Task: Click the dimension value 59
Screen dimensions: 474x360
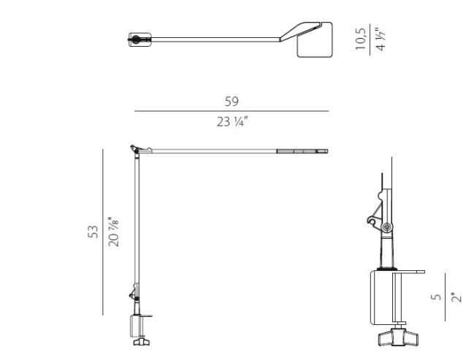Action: point(232,102)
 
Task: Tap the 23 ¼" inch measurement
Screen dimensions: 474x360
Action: point(232,121)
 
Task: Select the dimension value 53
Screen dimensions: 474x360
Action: point(93,231)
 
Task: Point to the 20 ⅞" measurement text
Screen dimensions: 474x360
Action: point(113,231)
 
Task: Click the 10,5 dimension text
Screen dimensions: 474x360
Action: point(360,39)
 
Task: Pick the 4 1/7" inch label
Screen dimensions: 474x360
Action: point(380,39)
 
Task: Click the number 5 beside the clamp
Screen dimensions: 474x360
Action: point(435,297)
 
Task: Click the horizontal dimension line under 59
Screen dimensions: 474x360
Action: point(232,111)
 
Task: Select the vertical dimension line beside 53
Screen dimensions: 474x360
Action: point(103,231)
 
